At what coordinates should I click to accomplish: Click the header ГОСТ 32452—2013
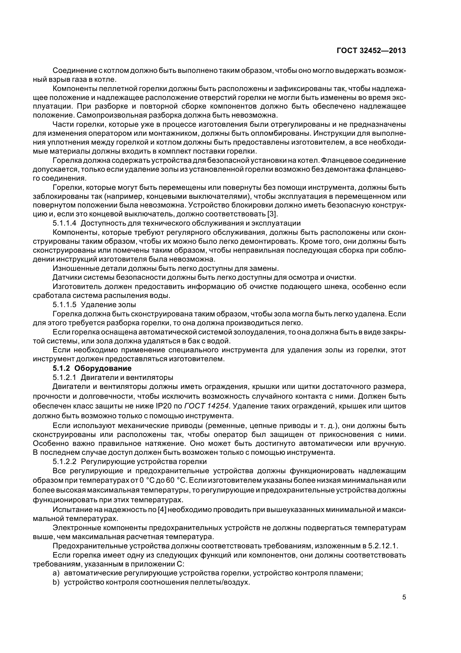coord(371,51)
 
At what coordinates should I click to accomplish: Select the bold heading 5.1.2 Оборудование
coord(92,368)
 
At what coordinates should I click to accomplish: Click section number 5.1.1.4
coord(64,223)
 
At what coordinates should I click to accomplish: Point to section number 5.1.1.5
coord(64,305)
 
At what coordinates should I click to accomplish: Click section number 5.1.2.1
coord(64,377)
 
